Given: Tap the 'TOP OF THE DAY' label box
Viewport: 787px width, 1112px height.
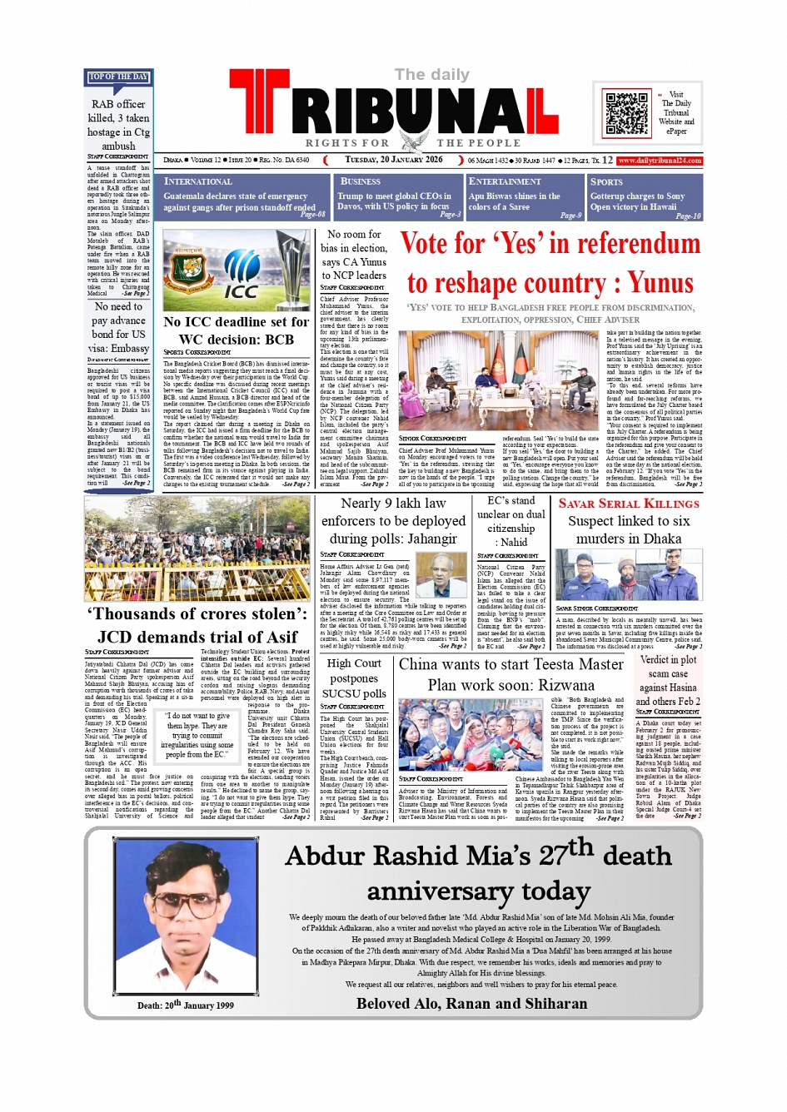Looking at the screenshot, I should point(118,77).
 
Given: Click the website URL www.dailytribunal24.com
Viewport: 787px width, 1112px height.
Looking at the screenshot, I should point(660,161).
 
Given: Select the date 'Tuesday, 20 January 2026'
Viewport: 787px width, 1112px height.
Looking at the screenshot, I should point(393,160).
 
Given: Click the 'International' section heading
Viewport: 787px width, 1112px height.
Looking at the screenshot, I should point(198,181).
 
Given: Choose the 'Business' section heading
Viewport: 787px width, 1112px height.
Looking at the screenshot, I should point(361,181).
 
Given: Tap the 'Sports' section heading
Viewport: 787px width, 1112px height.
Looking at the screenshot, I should point(606,181).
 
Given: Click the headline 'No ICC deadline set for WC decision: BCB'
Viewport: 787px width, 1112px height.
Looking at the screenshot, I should point(237,330).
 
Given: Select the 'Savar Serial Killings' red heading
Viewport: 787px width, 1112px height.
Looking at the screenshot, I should point(629,504).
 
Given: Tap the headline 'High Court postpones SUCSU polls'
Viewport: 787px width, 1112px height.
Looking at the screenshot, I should point(354,678).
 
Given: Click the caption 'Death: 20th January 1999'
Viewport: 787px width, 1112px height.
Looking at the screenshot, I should point(186,1005).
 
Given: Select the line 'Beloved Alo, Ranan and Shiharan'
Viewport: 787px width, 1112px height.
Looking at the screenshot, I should point(471,1003).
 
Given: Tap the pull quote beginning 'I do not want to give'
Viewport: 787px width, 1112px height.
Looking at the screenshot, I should point(198,735).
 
